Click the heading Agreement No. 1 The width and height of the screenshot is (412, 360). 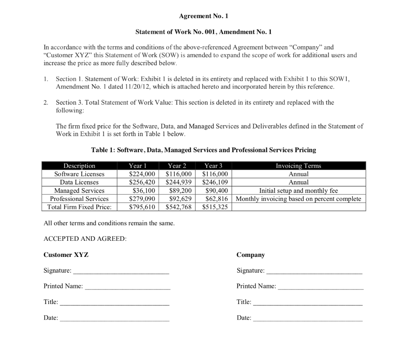pyautogui.click(x=206, y=16)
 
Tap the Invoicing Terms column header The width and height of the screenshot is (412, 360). pyautogui.click(x=298, y=166)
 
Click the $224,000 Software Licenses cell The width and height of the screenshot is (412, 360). pyautogui.click(x=142, y=174)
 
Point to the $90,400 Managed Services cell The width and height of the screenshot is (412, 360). pyautogui.click(x=216, y=190)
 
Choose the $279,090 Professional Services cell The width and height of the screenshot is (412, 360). pyautogui.click(x=142, y=199)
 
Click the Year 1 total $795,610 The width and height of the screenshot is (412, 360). pyautogui.click(x=142, y=207)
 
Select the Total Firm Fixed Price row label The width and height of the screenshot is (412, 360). pyautogui.click(x=79, y=207)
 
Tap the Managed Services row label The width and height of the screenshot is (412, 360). pyautogui.click(x=79, y=190)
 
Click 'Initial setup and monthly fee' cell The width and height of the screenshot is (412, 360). pyautogui.click(x=298, y=190)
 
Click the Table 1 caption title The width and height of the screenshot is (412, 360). pyautogui.click(x=204, y=150)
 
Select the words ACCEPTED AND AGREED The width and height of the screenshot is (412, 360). pyautogui.click(x=85, y=239)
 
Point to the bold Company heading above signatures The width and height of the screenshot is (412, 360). pyautogui.click(x=251, y=255)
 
